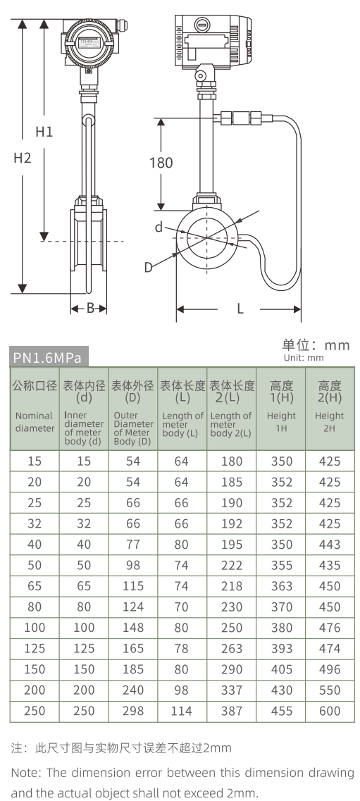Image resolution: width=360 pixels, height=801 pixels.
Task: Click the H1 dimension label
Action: (x=44, y=131)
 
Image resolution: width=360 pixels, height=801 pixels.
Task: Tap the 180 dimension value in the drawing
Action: (x=161, y=163)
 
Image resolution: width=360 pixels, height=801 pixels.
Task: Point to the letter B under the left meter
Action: (x=89, y=309)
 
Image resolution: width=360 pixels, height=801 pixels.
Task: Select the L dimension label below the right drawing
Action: (x=240, y=309)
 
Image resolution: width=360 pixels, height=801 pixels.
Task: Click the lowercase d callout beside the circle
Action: (x=159, y=227)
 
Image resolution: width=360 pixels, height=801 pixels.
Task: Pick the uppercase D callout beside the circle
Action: (x=149, y=266)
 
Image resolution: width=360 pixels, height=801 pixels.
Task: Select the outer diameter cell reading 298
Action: (x=132, y=711)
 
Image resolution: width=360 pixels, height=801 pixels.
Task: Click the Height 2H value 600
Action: (x=329, y=711)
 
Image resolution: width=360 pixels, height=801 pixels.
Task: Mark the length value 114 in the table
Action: (x=182, y=711)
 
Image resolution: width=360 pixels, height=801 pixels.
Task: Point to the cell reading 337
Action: (x=232, y=690)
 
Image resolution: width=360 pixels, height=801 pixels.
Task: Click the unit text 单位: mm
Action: (x=316, y=345)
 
